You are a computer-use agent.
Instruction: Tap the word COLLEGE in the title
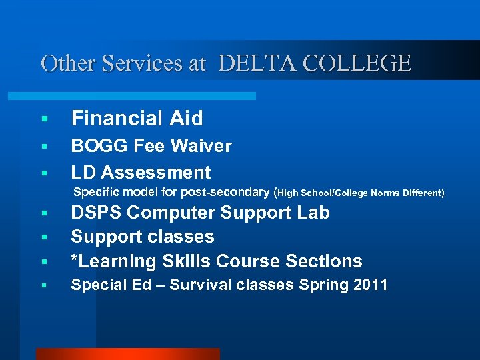tap(357, 63)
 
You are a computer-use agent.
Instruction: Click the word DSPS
tap(96, 213)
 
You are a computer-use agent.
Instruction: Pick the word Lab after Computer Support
tap(315, 213)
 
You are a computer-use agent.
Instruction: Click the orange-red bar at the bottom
tap(127, 354)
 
